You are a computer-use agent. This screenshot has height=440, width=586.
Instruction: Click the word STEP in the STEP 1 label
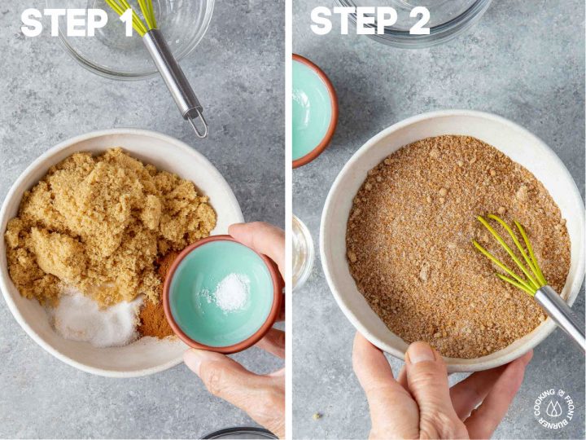[x=64, y=22]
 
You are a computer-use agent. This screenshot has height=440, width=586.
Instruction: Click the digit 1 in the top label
[x=127, y=22]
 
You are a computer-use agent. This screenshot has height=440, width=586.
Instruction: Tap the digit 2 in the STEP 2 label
[x=419, y=21]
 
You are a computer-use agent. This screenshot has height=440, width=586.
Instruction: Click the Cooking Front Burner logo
[x=554, y=408]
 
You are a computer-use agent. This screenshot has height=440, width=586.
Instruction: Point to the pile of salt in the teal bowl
[x=231, y=292]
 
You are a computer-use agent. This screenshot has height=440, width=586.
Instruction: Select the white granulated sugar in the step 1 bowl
[x=95, y=318]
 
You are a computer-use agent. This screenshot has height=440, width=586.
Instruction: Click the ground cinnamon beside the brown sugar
[x=159, y=299]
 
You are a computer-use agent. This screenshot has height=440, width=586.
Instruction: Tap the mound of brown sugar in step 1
[x=108, y=221]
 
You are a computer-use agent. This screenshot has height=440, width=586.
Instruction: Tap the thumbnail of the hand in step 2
[x=422, y=353]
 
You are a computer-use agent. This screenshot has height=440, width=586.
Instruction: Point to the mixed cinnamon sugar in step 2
[x=448, y=243]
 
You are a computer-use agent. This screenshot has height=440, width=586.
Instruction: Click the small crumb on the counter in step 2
[x=317, y=416]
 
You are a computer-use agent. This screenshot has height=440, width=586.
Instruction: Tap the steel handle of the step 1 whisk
[x=172, y=73]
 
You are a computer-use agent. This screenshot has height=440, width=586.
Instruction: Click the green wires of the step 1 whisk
[x=133, y=15]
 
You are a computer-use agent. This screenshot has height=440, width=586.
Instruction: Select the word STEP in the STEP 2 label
[x=354, y=21]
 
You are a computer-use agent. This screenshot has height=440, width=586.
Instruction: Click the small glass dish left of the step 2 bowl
[x=302, y=253]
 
